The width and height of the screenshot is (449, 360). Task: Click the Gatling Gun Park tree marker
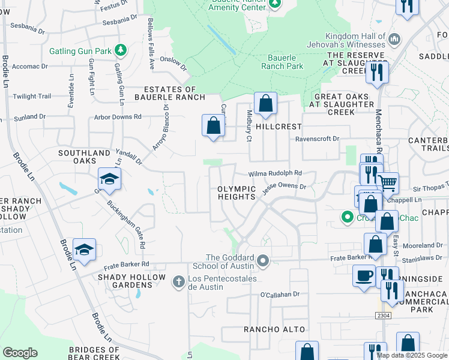click(x=121, y=49)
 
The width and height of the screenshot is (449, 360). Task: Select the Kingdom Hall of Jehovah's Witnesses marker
click(x=394, y=40)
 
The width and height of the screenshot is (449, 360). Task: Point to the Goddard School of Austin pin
click(x=262, y=260)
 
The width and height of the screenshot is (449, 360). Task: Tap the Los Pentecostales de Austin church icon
click(x=178, y=281)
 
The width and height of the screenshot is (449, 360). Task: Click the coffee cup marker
click(x=363, y=276)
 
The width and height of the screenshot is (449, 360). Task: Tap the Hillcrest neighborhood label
click(x=278, y=127)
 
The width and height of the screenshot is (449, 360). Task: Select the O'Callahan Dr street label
click(x=280, y=295)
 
